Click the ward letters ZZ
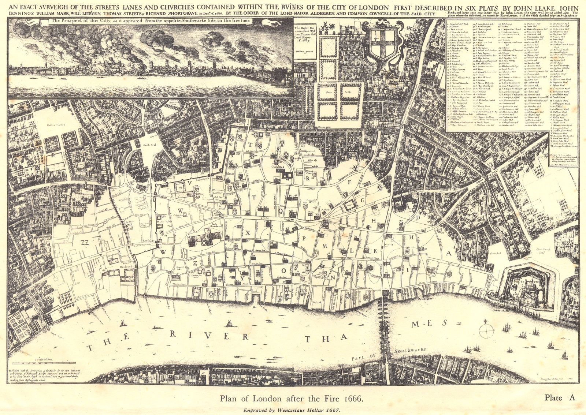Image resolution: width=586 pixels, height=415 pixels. [x=85, y=243]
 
